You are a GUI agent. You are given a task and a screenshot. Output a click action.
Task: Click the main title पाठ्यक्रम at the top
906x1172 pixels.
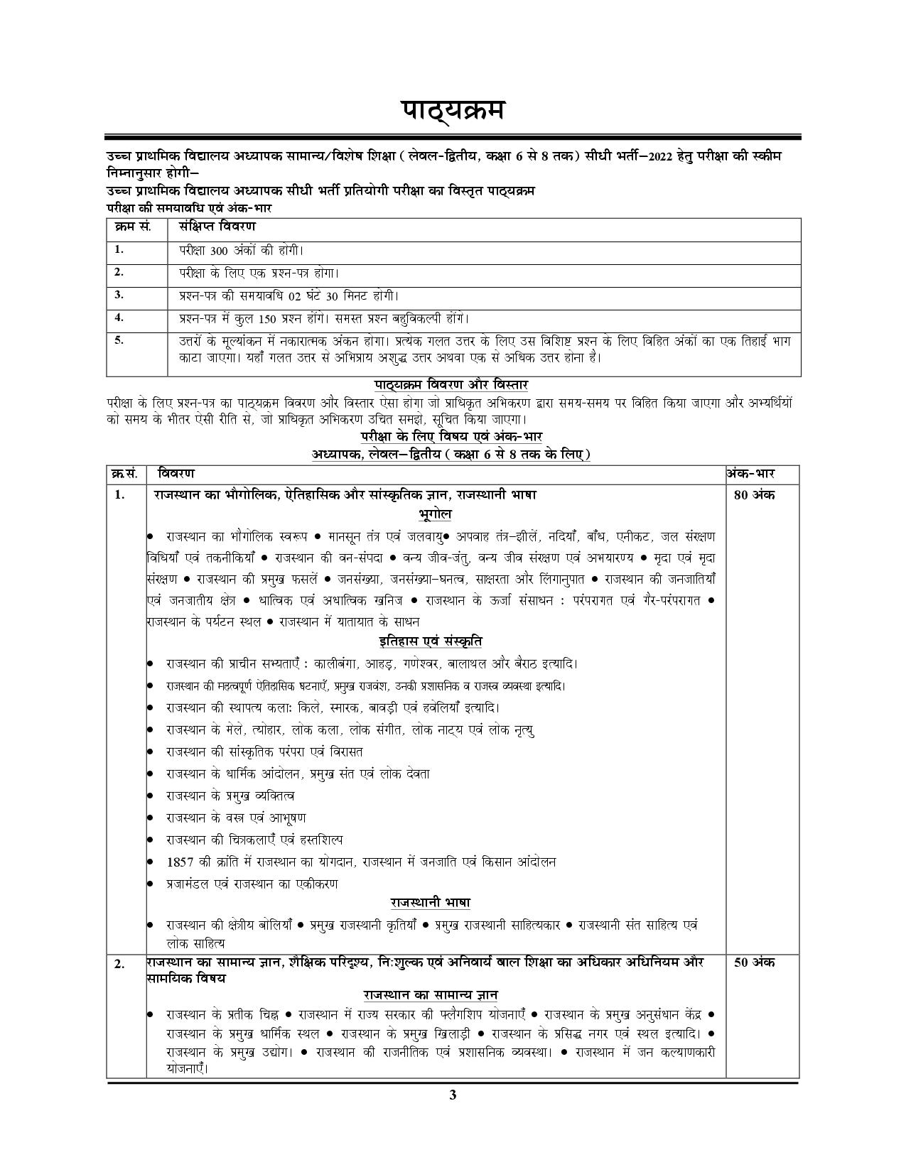pos(453,112)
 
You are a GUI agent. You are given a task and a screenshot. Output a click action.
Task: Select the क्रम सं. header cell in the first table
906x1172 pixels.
pos(132,227)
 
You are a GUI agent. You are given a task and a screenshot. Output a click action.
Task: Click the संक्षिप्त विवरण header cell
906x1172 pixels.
pos(217,227)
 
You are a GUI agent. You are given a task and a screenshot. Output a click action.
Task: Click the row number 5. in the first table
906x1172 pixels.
pos(119,340)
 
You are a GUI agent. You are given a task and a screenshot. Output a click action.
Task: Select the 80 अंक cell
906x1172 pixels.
pos(754,495)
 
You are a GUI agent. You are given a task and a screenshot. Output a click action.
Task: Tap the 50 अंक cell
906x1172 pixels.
pos(754,962)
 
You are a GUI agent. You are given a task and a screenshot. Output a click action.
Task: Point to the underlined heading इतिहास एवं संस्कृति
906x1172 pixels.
pos(431,641)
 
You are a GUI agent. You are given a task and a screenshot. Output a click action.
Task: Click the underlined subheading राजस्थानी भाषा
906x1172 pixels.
pos(430,903)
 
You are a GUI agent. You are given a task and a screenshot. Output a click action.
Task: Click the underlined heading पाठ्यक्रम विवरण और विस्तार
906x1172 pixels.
pos(452,385)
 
